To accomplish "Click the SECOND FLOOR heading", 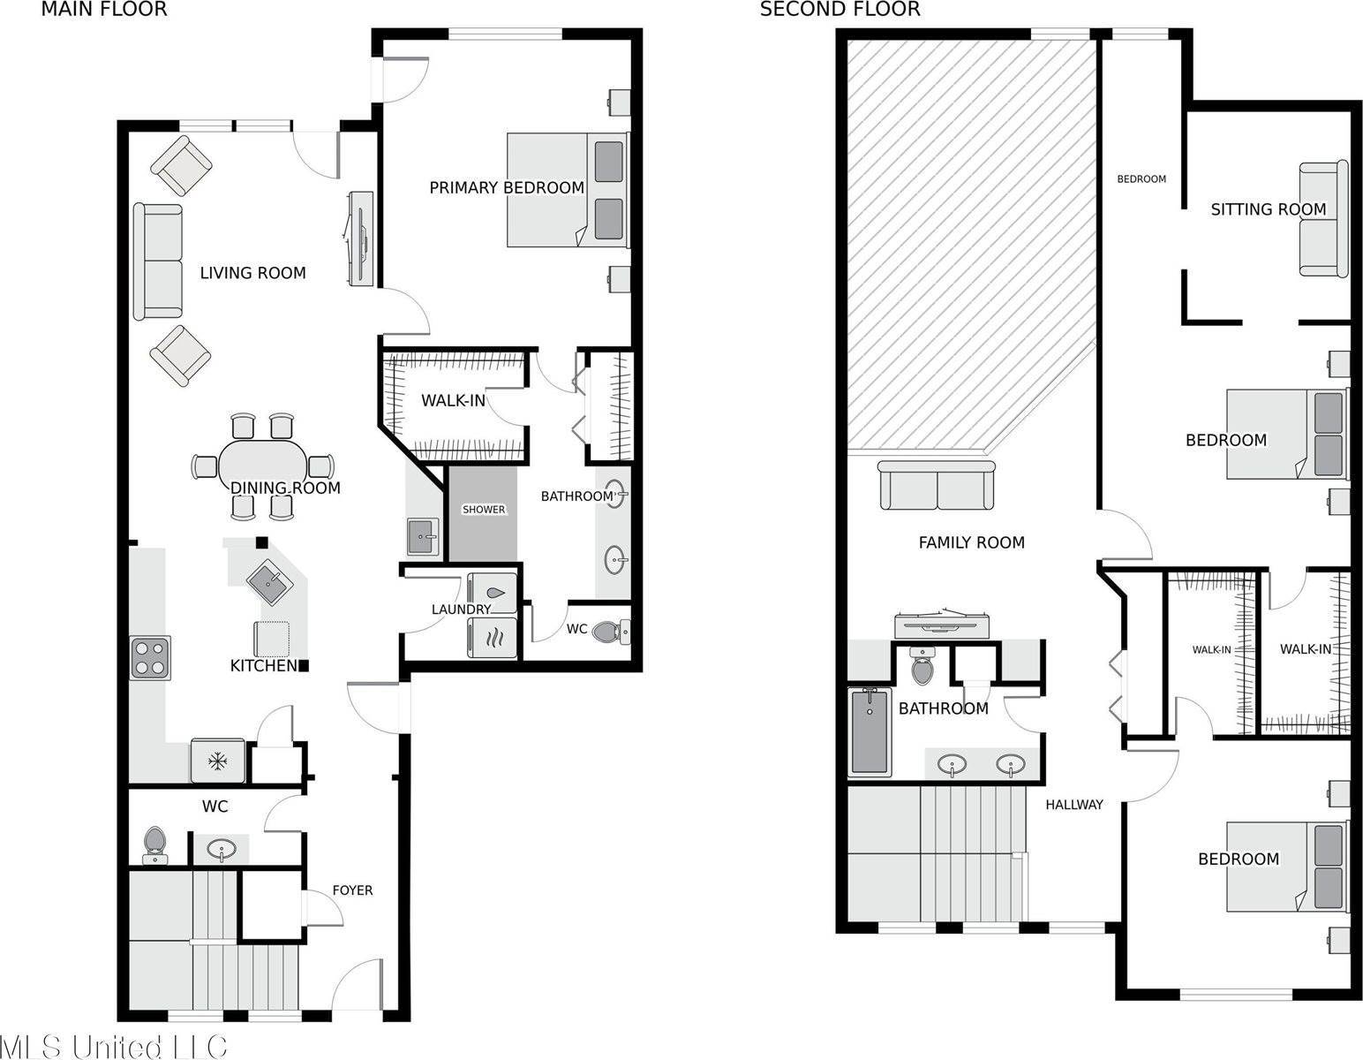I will coord(840,10).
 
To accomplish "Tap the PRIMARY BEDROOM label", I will coord(506,187).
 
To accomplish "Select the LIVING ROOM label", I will coord(252,273).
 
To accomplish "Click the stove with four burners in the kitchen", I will coord(150,657).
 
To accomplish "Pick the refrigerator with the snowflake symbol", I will coord(217,761).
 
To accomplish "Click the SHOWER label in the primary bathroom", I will coord(484,510).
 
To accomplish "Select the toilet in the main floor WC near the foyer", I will coord(155,845).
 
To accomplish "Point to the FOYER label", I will coord(352,890).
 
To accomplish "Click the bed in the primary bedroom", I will coord(565,190).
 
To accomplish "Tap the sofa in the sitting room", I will coord(1322,219).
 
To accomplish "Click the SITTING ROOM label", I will coord(1268,209).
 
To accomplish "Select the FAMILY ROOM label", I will coord(971,542).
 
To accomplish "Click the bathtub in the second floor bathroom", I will coord(870,731).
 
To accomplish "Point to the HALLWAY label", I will coord(1073,805).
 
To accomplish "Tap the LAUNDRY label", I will coord(461,609).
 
